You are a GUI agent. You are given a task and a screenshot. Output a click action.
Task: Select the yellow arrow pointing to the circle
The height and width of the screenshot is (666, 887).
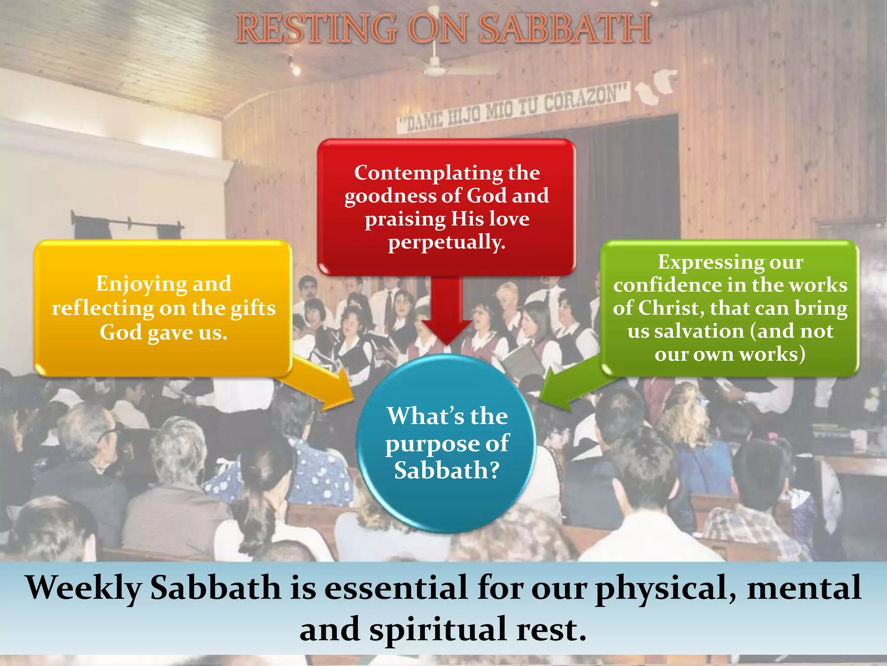point(329,386)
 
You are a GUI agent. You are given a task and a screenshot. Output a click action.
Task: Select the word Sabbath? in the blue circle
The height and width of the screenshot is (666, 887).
point(447,470)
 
